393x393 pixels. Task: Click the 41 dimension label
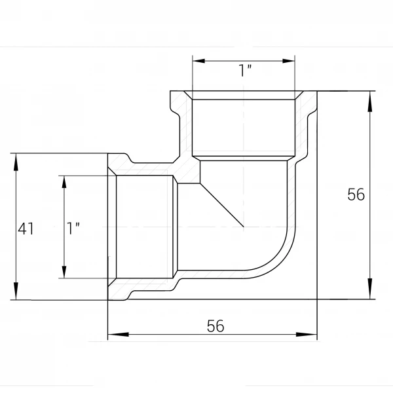coord(26,229)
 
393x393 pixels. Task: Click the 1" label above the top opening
coord(245,71)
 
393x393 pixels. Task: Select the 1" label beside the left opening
coord(73,229)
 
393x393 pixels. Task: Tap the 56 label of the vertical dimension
coord(356,195)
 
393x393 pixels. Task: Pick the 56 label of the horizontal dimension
coord(215,326)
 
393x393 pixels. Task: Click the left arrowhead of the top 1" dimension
coord(199,61)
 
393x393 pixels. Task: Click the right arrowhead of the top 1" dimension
coord(288,61)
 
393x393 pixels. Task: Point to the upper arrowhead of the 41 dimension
coord(16,162)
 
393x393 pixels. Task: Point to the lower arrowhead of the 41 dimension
coord(16,291)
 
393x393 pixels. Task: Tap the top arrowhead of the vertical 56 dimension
coord(370,102)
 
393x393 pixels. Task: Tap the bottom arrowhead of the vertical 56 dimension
coord(370,288)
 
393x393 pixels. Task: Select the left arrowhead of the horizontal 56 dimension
coord(119,334)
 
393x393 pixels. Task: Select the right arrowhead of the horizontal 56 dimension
coord(307,334)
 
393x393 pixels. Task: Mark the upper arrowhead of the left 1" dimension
coord(64,182)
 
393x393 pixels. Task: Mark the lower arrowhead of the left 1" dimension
coord(64,272)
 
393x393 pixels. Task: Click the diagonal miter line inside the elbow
coord(222,205)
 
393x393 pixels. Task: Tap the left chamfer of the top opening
coord(188,95)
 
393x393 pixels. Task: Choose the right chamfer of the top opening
coord(299,95)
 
